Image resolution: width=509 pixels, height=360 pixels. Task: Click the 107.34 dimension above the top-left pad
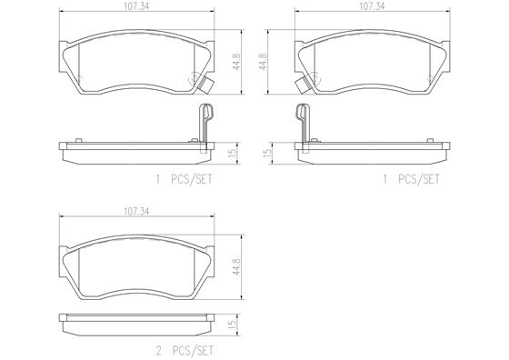coord(136,6)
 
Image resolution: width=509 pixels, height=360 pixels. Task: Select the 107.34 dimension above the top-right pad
coord(372,6)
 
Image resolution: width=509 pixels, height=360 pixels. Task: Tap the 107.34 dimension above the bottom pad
coord(136,212)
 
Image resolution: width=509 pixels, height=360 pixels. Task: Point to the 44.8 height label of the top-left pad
coord(237,62)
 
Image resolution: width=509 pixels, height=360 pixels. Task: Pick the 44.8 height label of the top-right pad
coord(263,62)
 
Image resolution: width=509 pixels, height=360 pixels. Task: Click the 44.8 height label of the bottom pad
coord(237,267)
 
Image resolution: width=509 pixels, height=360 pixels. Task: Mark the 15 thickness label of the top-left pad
coord(233,152)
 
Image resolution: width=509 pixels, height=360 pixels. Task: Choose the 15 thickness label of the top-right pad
coord(267,153)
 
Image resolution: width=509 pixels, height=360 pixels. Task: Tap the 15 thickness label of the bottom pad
coord(233,325)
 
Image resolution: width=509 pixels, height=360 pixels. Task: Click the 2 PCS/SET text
coord(185,351)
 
